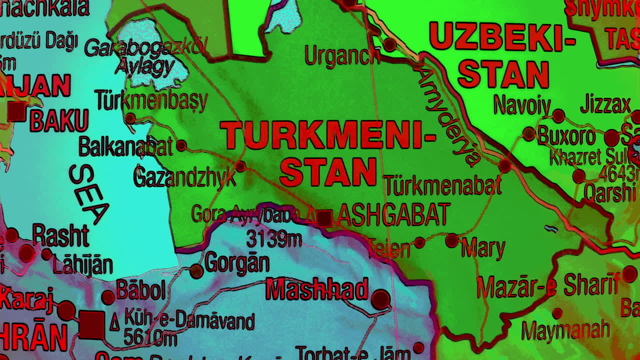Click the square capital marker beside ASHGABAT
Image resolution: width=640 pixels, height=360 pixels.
click(324, 218)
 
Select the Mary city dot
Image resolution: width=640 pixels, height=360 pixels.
click(451, 240)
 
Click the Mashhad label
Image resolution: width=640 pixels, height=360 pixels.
click(316, 289)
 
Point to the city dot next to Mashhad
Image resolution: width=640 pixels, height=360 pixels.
click(380, 299)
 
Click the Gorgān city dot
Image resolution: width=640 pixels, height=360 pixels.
click(196, 271)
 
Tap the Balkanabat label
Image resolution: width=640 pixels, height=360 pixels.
click(125, 146)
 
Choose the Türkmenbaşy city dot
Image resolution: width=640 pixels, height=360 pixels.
click(130, 118)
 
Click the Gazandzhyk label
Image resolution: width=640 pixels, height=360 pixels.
click(184, 177)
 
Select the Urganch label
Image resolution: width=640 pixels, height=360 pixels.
click(342, 56)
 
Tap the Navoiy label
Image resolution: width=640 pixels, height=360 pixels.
click(522, 105)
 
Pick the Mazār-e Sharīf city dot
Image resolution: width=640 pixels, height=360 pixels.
click(629, 274)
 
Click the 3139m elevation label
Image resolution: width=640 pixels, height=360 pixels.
click(274, 239)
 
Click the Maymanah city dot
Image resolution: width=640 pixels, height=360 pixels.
click(557, 313)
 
